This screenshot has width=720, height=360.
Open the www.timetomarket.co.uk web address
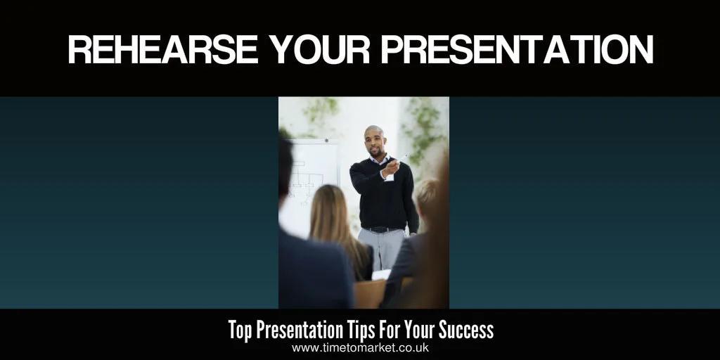coord(359,348)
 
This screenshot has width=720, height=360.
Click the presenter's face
coord(375,143)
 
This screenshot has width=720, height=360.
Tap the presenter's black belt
coord(382,229)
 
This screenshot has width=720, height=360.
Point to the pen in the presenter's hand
coord(402,158)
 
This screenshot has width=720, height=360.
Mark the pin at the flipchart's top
coord(325,141)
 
